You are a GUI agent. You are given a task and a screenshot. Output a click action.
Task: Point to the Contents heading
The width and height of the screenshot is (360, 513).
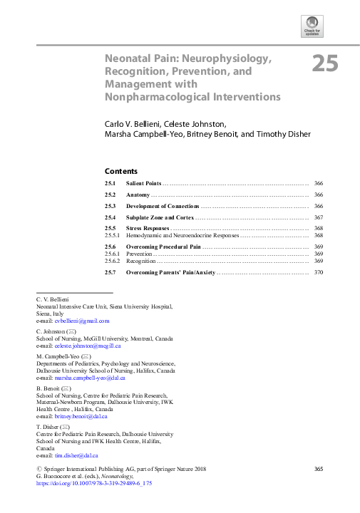point(120,171)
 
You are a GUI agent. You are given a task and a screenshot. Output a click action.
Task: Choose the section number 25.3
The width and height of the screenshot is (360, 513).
point(110,205)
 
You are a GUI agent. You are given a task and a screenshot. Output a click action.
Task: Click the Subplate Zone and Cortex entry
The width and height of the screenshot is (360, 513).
point(160,217)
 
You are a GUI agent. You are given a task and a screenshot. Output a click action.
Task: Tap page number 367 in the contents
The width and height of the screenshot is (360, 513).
point(318,217)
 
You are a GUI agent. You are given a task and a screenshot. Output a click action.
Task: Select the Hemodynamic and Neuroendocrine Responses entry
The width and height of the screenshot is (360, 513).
point(182,235)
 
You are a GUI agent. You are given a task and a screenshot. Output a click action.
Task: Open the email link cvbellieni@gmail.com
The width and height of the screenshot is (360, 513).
point(83,321)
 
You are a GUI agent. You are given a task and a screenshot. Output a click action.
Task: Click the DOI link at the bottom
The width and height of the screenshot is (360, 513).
point(94,483)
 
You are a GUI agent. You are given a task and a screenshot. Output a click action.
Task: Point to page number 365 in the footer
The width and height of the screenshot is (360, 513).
point(319,467)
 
